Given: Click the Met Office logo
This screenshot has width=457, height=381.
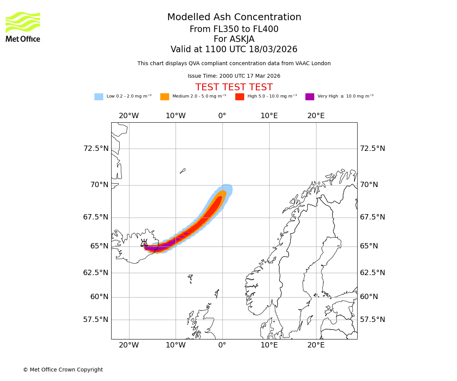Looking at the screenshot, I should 23,27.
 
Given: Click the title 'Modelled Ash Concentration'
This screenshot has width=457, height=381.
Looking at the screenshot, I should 234,18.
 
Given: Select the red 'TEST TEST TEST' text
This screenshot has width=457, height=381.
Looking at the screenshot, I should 234,88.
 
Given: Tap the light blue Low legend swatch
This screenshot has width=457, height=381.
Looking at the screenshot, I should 99,97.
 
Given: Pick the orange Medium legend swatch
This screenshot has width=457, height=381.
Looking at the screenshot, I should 165,97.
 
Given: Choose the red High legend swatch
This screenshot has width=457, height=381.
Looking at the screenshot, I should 240,97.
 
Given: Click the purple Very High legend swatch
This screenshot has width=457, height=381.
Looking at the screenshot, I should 310,97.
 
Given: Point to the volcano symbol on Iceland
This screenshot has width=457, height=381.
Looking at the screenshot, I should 144,243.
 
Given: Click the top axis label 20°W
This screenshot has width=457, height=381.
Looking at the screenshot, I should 129,116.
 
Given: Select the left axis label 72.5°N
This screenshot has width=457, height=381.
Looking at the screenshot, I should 96,149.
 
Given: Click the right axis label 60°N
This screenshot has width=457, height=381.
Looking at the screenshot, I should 369,297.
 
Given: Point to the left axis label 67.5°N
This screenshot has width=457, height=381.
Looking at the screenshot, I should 96,217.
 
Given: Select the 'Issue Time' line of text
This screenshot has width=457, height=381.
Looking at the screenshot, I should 234,76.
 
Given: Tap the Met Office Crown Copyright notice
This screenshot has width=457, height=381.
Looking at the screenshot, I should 63,370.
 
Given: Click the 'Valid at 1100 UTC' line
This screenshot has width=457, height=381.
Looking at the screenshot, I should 234,50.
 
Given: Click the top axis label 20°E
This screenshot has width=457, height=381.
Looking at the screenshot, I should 316,116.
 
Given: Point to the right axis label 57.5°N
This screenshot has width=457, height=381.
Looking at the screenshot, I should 372,320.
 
